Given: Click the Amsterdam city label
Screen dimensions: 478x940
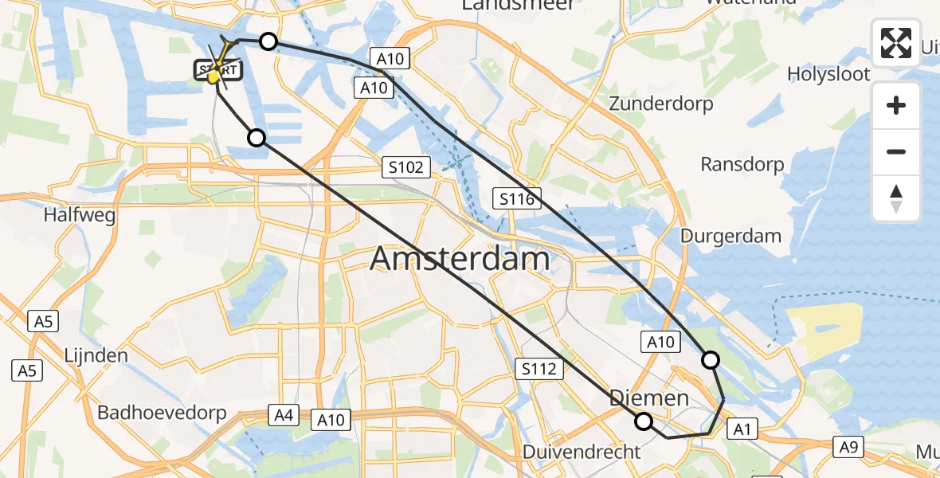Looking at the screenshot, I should [x=460, y=260].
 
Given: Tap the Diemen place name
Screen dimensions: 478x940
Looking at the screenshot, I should [x=649, y=398].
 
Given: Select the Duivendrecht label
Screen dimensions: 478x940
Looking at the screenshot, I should [x=582, y=452].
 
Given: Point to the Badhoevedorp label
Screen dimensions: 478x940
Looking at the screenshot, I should [x=162, y=413].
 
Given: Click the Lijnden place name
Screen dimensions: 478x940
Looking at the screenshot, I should [x=97, y=355].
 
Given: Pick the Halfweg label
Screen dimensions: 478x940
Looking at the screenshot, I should [x=80, y=215].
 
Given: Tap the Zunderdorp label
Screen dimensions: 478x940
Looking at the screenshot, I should [x=661, y=104].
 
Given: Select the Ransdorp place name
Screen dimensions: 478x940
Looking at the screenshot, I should [x=742, y=165].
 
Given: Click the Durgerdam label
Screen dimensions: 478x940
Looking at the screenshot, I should [x=730, y=237].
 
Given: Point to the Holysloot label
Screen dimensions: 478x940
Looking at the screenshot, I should [x=828, y=74].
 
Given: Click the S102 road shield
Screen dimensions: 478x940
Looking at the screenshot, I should [x=406, y=167].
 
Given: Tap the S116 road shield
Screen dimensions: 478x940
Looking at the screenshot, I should [x=517, y=198].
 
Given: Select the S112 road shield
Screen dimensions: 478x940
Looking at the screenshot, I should [x=540, y=368].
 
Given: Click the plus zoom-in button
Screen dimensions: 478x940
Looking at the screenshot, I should [x=896, y=105].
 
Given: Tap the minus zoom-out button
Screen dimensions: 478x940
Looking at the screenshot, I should [x=896, y=151].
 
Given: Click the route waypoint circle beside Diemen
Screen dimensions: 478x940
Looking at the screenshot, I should [x=643, y=421].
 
